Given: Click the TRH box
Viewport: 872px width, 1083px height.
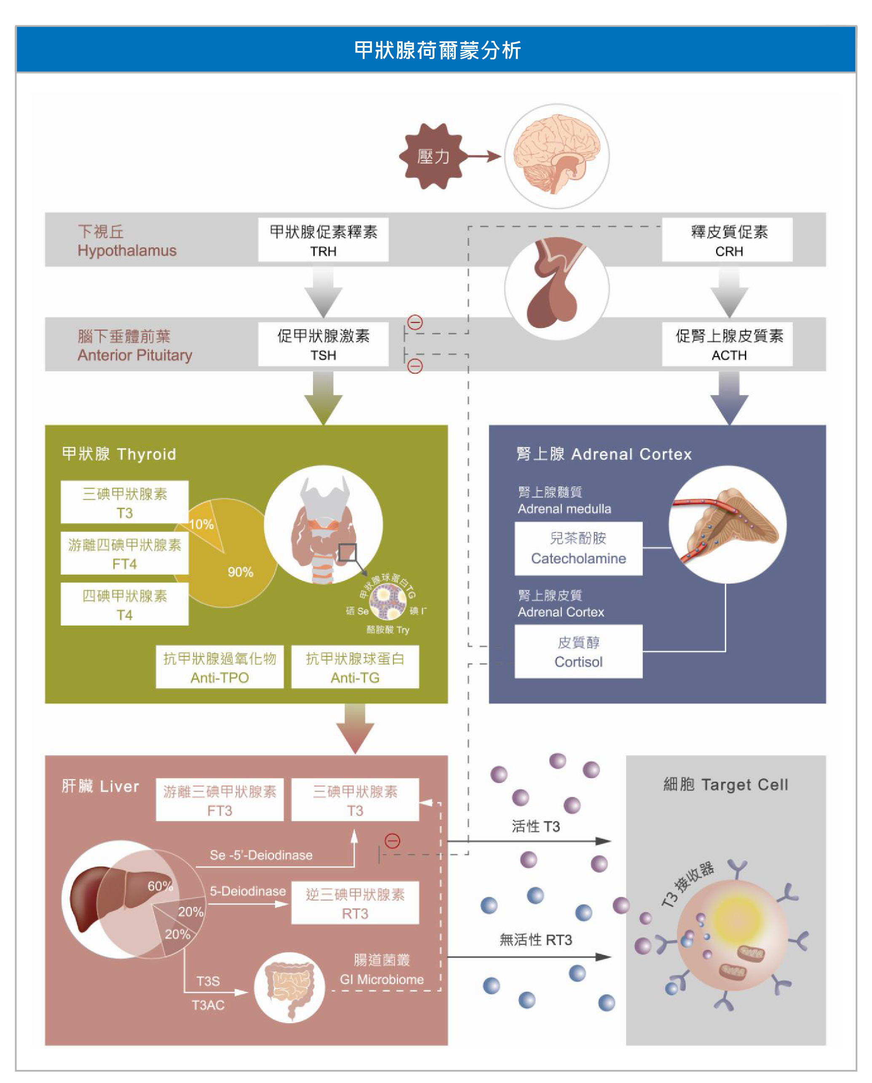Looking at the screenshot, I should tap(323, 240).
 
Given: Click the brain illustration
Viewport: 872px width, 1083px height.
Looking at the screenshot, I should tap(556, 156).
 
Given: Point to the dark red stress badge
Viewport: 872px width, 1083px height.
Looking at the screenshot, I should tap(432, 156).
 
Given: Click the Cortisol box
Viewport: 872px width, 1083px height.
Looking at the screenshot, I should tap(578, 651).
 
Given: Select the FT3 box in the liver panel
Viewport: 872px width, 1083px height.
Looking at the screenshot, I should tap(219, 800).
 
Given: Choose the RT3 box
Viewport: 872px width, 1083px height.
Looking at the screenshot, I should tap(355, 903).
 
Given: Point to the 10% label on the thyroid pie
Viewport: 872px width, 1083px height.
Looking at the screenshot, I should tap(201, 524).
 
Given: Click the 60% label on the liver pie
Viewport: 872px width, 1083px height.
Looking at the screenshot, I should tap(160, 886).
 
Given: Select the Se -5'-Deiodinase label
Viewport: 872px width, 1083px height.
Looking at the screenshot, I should tap(261, 855).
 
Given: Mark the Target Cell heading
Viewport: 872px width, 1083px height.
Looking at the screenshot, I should tap(725, 785).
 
